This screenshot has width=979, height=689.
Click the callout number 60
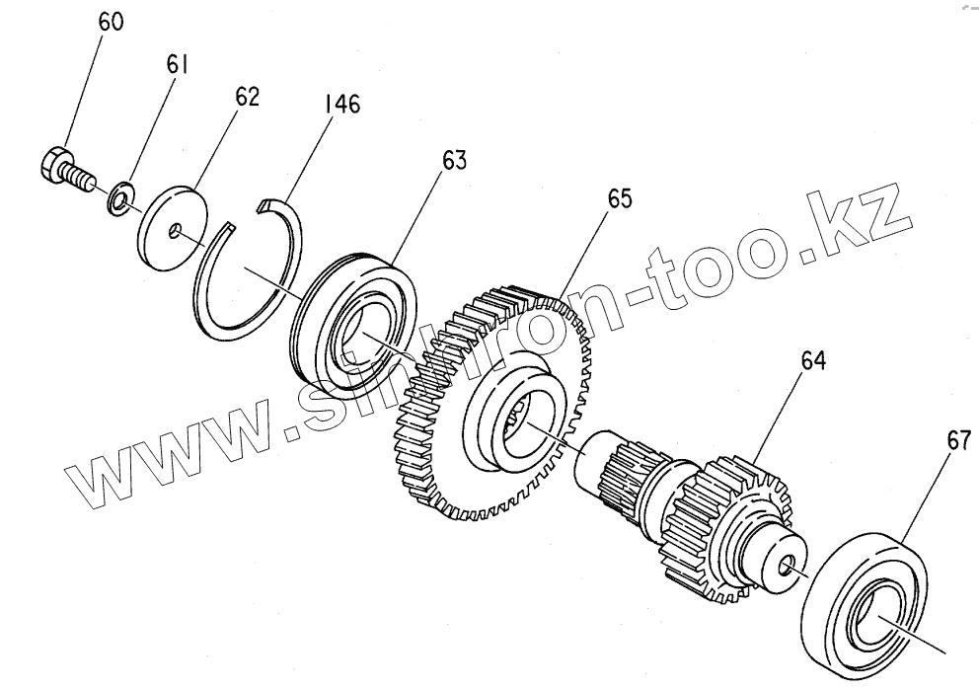pos(111,22)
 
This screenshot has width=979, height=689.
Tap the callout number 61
pos(179,65)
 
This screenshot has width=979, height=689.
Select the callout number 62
pos(247,97)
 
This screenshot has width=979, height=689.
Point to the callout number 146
pos(341,104)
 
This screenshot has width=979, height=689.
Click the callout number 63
pos(454,160)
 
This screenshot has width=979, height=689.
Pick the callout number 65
pos(619,197)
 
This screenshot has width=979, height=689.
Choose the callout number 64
pos(812,361)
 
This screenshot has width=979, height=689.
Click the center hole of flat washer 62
pos(174,232)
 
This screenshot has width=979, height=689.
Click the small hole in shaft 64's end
pos(786,566)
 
